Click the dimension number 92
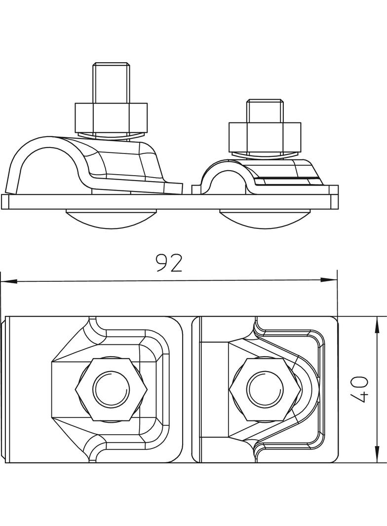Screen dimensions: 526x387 tap(169, 264)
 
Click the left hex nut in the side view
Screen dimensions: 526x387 tap(111, 116)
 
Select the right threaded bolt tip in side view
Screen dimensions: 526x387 tap(265, 111)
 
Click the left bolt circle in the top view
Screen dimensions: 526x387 tap(112, 388)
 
